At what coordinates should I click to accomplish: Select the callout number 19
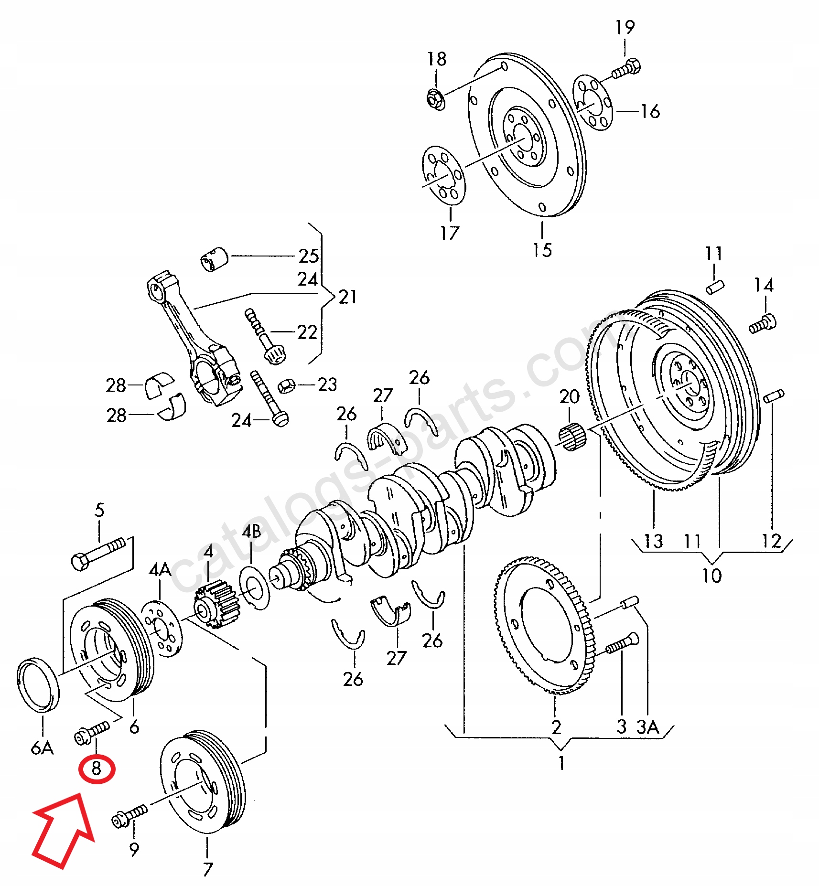[x=625, y=27]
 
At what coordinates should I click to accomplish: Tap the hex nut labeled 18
[x=435, y=98]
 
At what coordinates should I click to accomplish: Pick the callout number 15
[x=542, y=250]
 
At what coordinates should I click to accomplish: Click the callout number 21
[x=348, y=297]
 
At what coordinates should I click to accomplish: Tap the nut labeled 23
[x=286, y=385]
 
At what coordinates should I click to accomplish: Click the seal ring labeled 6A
[x=38, y=685]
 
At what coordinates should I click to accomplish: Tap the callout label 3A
[x=647, y=727]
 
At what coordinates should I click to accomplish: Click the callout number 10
[x=711, y=576]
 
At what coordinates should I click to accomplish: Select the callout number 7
[x=207, y=869]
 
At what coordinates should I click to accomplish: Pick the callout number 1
[x=562, y=763]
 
